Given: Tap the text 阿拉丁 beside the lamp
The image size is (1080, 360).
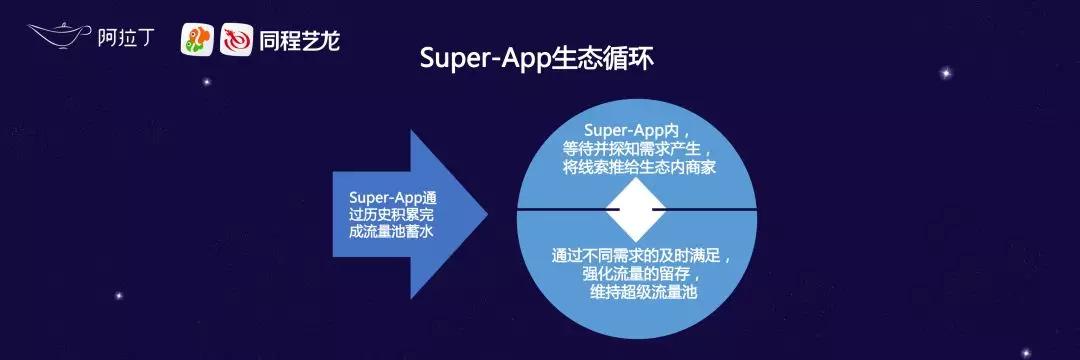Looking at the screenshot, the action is coord(125,39).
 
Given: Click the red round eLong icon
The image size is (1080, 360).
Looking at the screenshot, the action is coord(236,41).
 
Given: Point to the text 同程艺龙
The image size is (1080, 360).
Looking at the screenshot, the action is coord(300,41).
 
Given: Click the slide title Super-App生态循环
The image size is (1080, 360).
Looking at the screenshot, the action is coord(537,59).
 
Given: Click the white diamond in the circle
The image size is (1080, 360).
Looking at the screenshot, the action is coord(636,209).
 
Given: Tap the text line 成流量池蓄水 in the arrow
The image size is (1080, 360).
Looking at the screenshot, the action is coord(390,232).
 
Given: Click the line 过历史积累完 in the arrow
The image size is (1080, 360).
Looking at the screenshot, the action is coord(392,215).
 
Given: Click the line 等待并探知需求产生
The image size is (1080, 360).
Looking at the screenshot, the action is coord(637,149).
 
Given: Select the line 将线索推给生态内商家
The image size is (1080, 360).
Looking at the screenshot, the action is coord(637,167).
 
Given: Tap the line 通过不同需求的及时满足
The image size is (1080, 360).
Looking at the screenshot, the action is coord(640,256).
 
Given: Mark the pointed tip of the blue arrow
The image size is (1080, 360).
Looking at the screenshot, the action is coord(487,214).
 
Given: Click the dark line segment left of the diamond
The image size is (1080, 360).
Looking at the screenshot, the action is coord(568,209).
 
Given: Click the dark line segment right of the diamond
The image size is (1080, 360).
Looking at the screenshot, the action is coord(704,209).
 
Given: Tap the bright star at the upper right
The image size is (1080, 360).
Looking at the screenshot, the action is coord(946,72).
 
